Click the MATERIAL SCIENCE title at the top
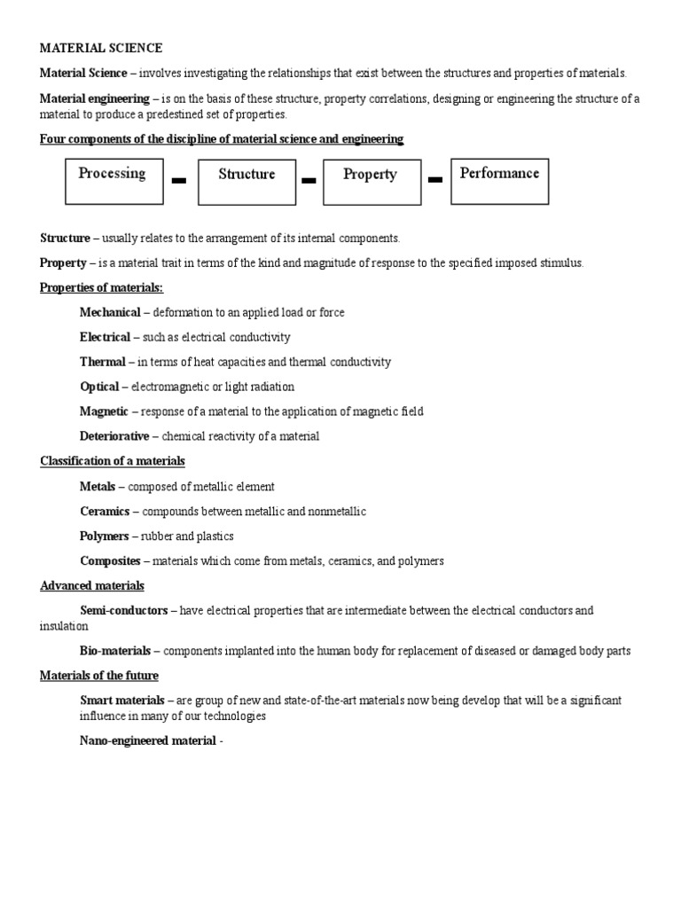tap(101, 48)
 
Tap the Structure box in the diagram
tap(246, 182)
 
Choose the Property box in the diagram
tap(371, 182)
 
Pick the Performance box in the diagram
tap(499, 181)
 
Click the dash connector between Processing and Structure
tap(179, 181)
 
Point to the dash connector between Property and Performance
tap(435, 181)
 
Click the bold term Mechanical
tap(110, 312)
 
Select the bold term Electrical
tap(105, 337)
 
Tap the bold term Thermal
tap(103, 362)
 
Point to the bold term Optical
tap(99, 387)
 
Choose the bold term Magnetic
tap(105, 411)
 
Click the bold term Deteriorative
tap(114, 436)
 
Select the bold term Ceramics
tap(105, 512)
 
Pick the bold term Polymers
tap(104, 536)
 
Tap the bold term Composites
tap(110, 561)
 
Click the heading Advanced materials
tap(92, 586)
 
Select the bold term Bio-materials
tap(114, 651)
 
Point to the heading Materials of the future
tap(99, 676)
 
